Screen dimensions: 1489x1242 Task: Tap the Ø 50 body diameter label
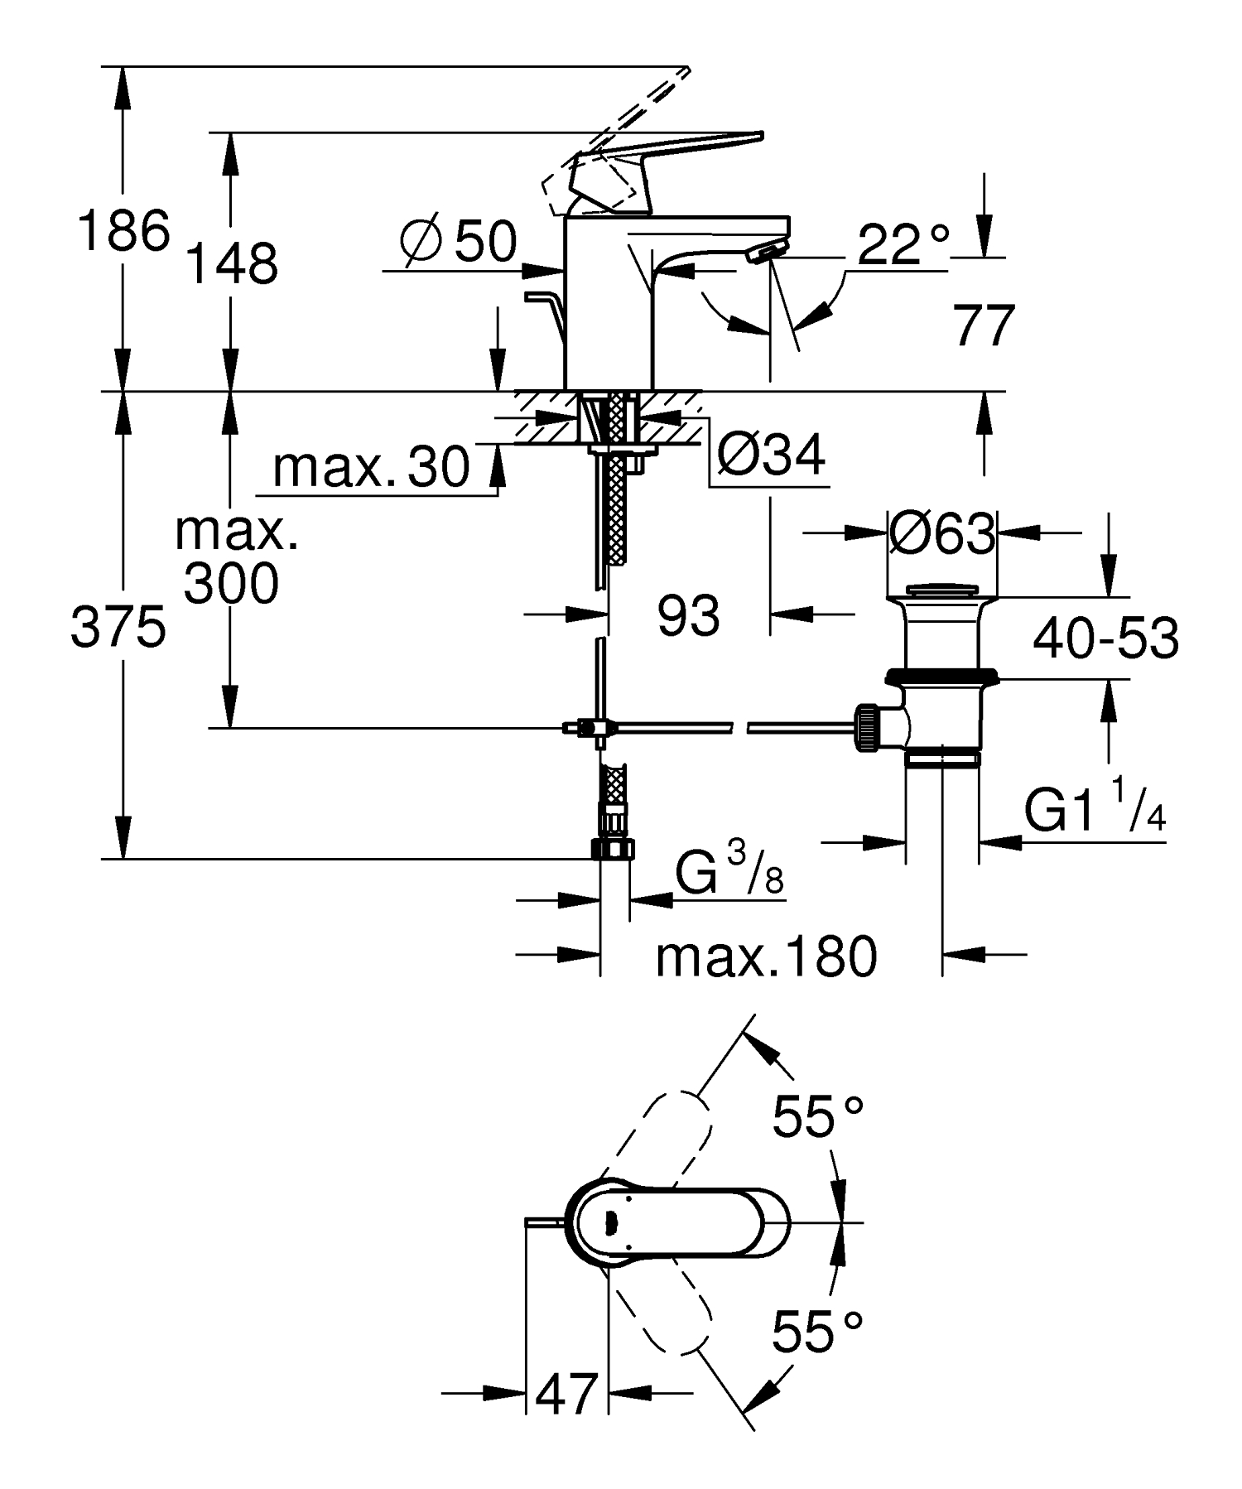click(458, 242)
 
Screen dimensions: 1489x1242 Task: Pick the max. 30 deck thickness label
click(371, 467)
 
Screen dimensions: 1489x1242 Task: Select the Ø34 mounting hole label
click(771, 454)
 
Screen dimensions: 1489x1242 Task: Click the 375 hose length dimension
click(118, 627)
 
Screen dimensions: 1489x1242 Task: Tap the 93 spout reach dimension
click(688, 616)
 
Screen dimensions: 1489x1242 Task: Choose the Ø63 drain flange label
click(941, 534)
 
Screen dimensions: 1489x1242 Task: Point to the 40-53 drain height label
click(1106, 638)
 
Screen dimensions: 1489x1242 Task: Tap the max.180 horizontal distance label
click(766, 957)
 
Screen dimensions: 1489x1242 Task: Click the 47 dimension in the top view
click(566, 1394)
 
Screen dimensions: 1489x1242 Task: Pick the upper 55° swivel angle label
click(818, 1116)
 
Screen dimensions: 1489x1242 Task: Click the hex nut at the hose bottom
click(614, 849)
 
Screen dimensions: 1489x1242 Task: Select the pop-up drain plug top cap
click(941, 590)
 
